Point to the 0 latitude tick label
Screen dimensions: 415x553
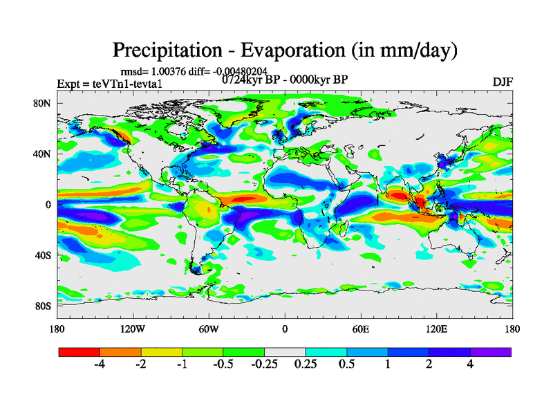click(49, 205)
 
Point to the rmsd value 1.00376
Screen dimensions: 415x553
click(170, 71)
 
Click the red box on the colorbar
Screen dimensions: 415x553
click(79, 351)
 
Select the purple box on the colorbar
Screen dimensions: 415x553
click(491, 351)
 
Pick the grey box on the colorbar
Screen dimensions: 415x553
click(285, 351)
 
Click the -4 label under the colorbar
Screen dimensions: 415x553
click(100, 365)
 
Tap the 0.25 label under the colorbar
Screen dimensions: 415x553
click(306, 365)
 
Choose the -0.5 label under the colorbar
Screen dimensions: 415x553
click(223, 365)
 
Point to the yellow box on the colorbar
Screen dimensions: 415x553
click(162, 351)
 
